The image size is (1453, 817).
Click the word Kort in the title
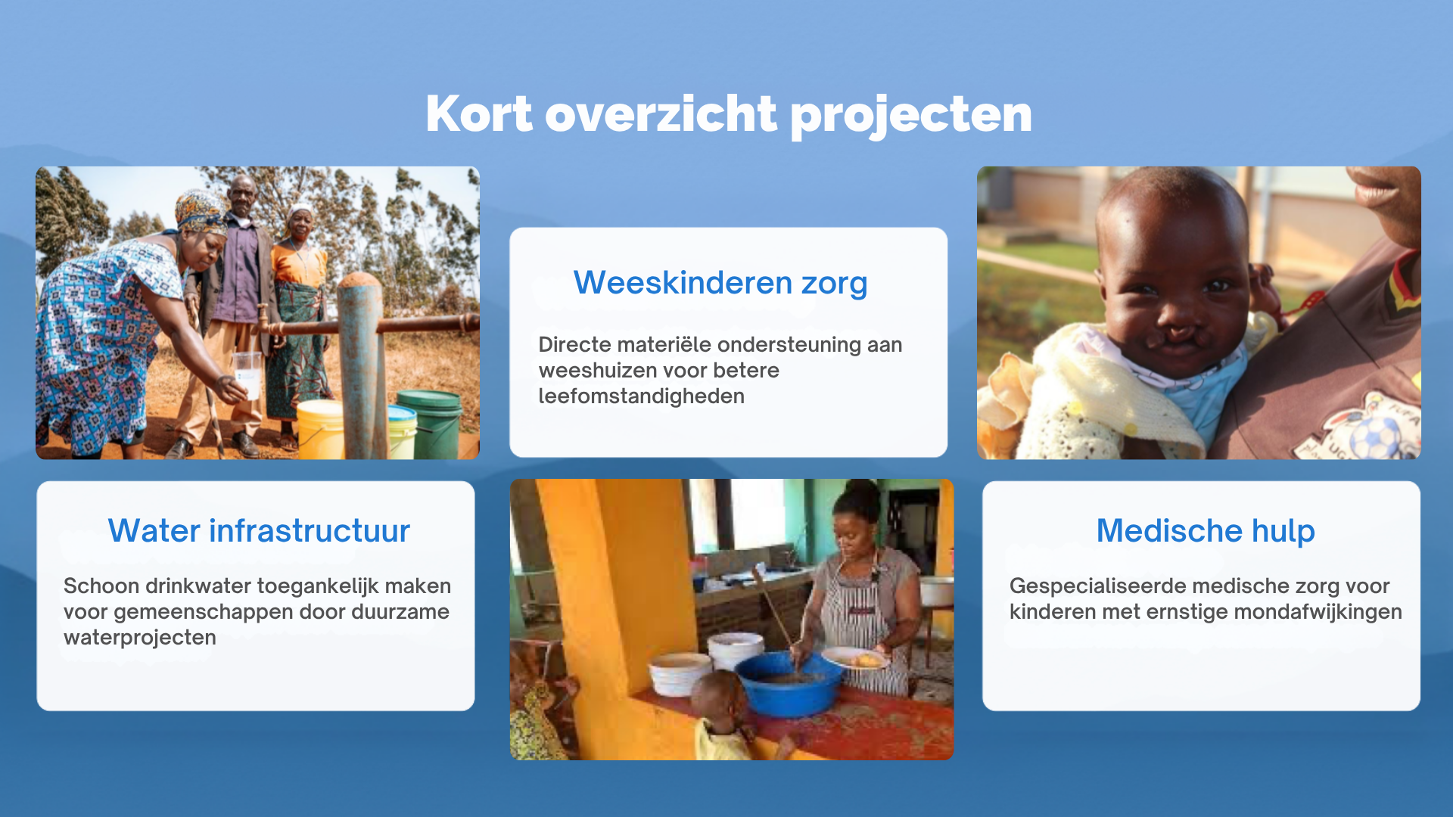479,114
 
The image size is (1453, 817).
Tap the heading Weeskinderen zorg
720,283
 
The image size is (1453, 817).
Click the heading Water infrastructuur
259,530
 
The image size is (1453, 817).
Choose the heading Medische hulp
1206,531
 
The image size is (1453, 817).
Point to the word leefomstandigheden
641,396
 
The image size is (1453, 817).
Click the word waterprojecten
140,638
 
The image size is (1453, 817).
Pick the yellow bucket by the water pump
320,429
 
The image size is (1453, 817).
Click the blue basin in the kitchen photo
789,682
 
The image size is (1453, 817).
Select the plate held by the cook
855,657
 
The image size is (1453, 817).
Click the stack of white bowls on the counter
735,651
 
